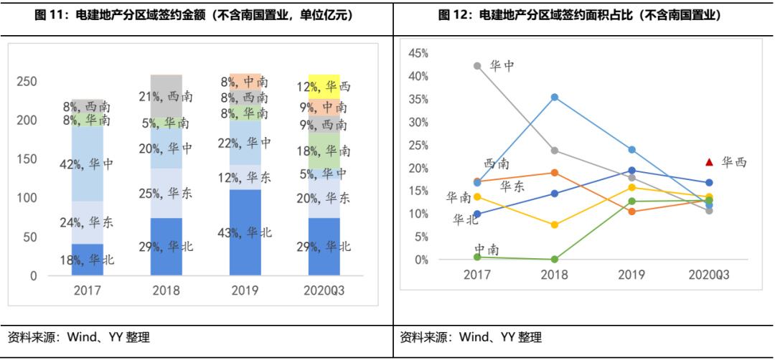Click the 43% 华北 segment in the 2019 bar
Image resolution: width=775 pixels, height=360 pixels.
(245, 232)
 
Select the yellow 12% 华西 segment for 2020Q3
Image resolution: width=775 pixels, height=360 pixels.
(324, 87)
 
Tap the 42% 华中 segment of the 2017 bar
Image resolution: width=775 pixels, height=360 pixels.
(88, 164)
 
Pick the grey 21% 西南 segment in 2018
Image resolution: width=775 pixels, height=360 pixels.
(166, 96)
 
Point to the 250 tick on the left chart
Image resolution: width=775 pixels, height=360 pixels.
(27, 82)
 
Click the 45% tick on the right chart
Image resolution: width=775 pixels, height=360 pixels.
(418, 53)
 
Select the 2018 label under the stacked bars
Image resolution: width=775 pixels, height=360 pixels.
(166, 290)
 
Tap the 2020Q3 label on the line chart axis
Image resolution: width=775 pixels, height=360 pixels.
(709, 274)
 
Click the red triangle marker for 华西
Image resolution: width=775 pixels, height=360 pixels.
(709, 162)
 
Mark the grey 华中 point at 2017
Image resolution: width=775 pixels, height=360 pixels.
(477, 66)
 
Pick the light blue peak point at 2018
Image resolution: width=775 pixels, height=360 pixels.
(554, 97)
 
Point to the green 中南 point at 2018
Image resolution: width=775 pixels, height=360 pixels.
(554, 259)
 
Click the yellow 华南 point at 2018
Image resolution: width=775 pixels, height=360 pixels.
(554, 225)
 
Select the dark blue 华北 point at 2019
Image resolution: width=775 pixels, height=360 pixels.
(631, 171)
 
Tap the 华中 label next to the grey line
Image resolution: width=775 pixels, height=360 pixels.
(502, 66)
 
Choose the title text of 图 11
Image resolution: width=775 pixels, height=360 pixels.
(196, 15)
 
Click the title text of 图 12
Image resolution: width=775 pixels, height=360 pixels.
(583, 15)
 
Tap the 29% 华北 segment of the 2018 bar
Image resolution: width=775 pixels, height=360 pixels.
(166, 247)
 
